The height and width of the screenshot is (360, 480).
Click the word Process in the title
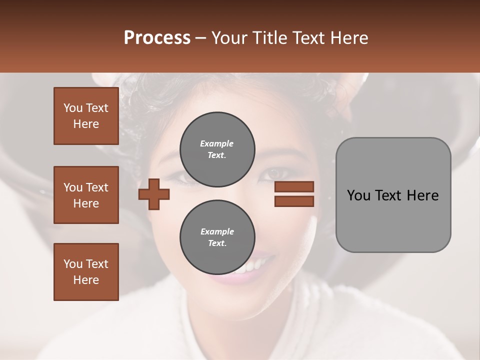click(x=157, y=38)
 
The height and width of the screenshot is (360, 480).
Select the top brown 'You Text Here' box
click(x=86, y=116)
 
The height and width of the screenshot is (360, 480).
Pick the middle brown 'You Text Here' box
click(x=86, y=195)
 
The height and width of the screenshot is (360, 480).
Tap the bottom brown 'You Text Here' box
click(x=86, y=271)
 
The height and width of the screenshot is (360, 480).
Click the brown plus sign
click(x=154, y=194)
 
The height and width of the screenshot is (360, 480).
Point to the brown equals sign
click(x=294, y=194)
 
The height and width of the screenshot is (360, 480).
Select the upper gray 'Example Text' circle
click(x=217, y=149)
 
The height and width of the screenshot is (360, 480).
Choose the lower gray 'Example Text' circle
click(x=217, y=237)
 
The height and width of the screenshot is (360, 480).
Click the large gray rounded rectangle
click(x=393, y=195)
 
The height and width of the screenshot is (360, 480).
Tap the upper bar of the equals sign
click(x=294, y=187)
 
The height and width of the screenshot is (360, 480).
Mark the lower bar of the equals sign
click(x=294, y=201)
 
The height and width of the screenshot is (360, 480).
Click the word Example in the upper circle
click(x=217, y=143)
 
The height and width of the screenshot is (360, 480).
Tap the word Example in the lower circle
click(x=217, y=231)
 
